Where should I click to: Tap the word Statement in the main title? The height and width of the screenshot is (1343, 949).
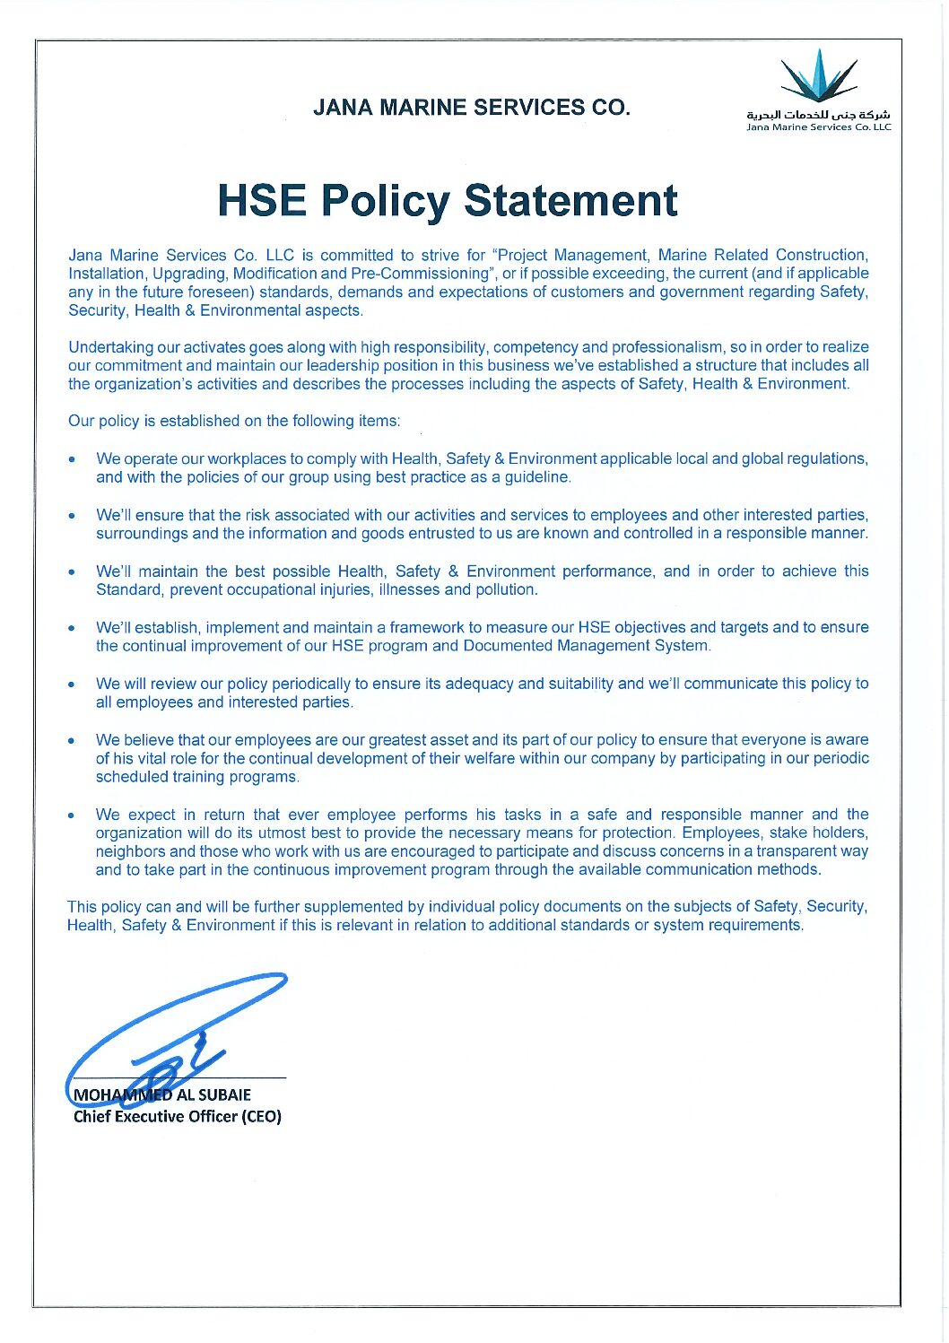571,200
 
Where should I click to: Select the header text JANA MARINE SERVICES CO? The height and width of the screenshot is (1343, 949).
472,108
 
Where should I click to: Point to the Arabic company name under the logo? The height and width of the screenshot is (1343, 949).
818,116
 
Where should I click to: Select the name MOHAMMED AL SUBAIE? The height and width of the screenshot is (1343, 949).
162,1094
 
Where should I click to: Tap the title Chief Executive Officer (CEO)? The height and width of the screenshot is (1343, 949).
177,1117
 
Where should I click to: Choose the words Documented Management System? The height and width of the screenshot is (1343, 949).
587,646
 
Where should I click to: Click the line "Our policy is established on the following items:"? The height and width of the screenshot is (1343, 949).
234,421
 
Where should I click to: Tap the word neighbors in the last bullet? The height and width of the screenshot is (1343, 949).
130,851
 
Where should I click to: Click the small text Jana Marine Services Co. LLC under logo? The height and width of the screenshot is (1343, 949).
818,127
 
